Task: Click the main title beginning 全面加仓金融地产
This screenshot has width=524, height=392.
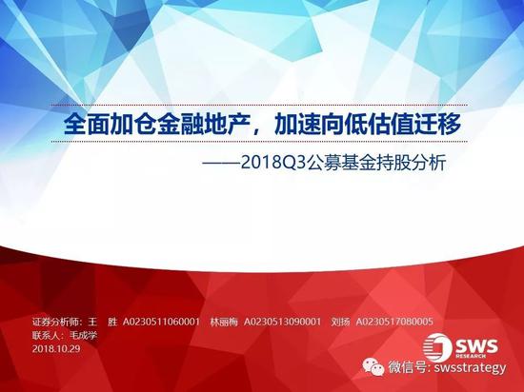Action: click(262, 124)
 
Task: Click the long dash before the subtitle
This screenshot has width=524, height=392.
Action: click(221, 164)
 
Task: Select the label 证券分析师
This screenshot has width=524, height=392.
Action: click(55, 322)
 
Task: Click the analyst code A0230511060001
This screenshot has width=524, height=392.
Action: click(161, 322)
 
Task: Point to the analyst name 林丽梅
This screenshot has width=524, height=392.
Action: click(224, 322)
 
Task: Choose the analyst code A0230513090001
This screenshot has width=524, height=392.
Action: click(282, 322)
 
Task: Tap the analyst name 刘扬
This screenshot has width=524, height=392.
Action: click(340, 322)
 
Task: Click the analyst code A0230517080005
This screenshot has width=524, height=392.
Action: click(394, 322)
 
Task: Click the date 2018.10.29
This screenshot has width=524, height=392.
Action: click(56, 348)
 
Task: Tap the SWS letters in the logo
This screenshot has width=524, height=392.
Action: click(476, 346)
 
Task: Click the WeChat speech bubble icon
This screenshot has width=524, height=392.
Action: click(373, 367)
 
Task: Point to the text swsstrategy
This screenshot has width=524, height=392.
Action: click(470, 367)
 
